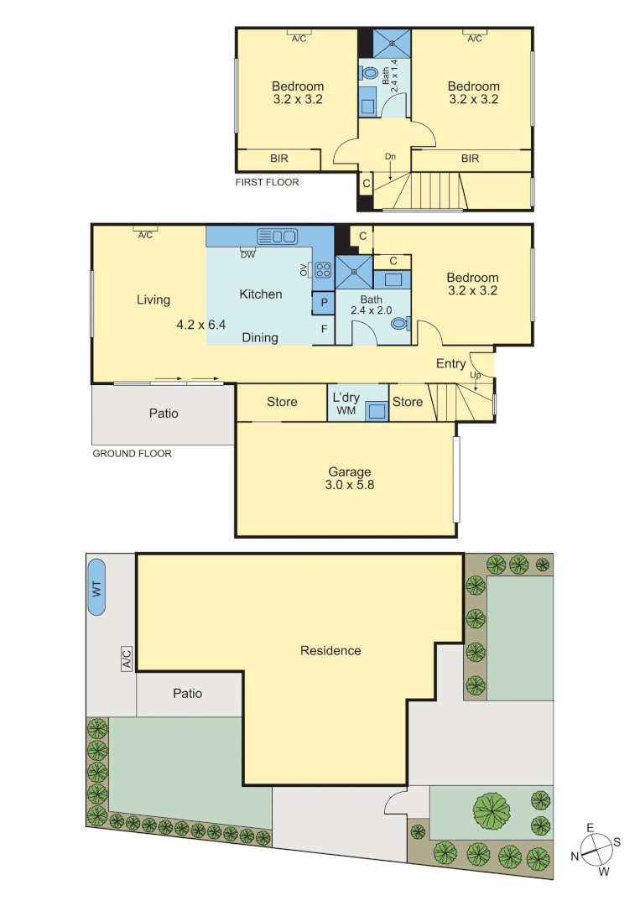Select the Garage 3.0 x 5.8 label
(351, 478)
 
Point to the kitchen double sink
(277, 237)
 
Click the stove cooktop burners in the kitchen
(323, 269)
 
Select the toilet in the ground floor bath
(400, 323)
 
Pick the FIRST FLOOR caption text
(268, 182)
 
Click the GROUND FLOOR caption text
(132, 454)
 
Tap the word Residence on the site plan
(330, 650)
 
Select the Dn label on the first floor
(390, 157)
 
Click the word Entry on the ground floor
(450, 363)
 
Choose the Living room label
(153, 299)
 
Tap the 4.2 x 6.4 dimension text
(201, 325)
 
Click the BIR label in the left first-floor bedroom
(278, 158)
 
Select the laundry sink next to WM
(377, 410)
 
